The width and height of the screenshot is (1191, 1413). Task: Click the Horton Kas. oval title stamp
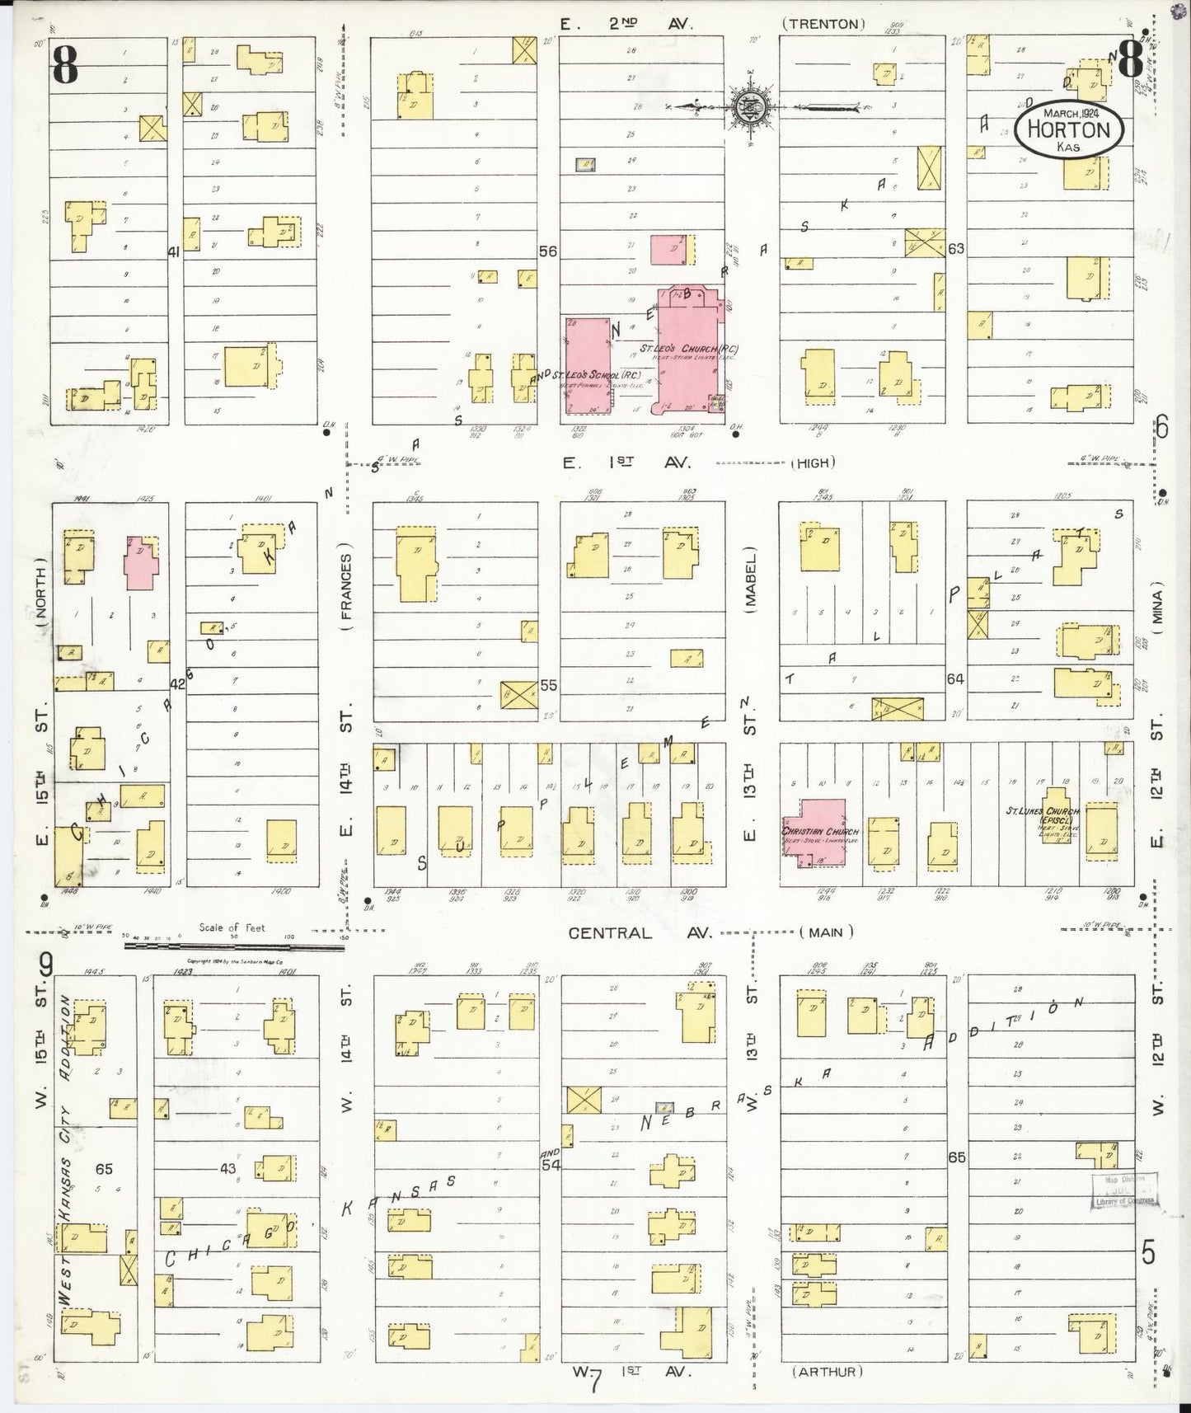click(x=1069, y=129)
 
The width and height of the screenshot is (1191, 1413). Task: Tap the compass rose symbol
click(x=750, y=106)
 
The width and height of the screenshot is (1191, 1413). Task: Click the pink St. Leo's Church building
click(x=687, y=350)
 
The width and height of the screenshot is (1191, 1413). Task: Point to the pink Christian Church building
click(x=814, y=833)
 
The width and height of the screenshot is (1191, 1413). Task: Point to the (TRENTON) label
click(x=823, y=24)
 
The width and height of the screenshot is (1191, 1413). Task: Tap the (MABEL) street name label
click(x=751, y=588)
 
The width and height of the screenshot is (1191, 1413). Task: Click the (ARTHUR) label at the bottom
click(x=828, y=1372)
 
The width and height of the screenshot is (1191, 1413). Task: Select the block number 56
click(x=548, y=251)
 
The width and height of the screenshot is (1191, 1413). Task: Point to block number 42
click(x=177, y=683)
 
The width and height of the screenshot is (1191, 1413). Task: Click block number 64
click(x=955, y=679)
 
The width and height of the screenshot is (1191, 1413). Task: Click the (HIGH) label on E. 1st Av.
click(x=813, y=463)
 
